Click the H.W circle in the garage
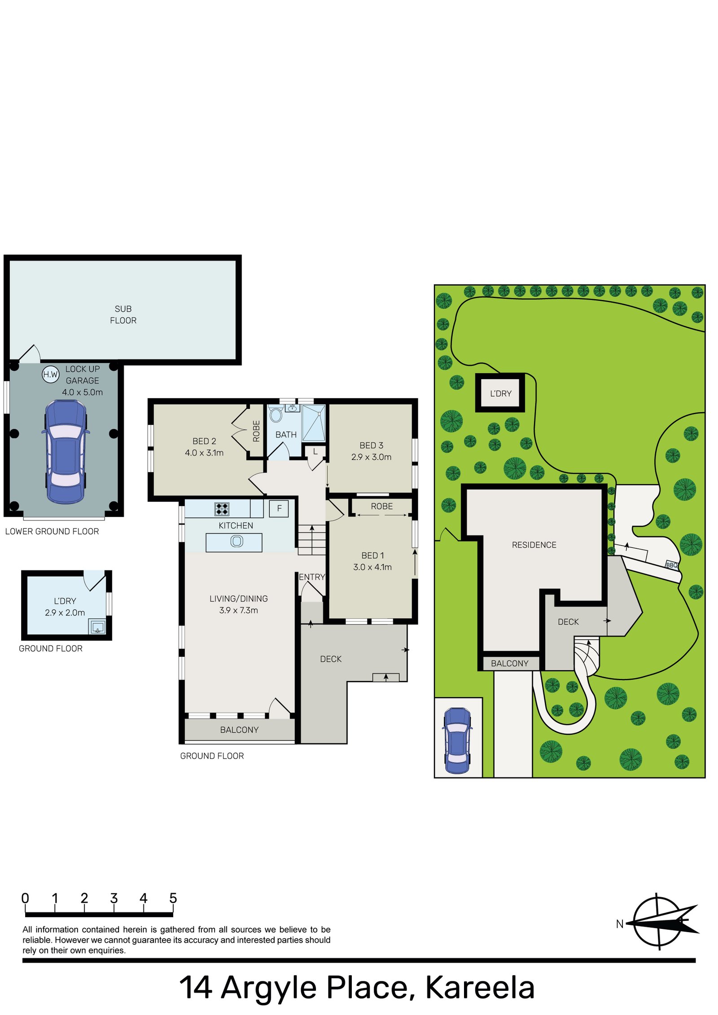[50, 374]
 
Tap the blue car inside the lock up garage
[66, 451]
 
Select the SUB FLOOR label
[123, 314]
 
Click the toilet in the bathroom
[276, 415]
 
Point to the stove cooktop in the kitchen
[222, 508]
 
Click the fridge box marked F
[279, 508]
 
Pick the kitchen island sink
[236, 541]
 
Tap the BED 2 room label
[204, 441]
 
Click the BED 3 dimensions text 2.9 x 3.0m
[371, 457]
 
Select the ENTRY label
[311, 577]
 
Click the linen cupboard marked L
[315, 451]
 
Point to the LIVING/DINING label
[238, 599]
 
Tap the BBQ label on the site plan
[671, 565]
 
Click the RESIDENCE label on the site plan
[534, 545]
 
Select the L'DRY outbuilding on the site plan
[500, 393]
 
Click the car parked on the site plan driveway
[457, 740]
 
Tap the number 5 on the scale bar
[173, 898]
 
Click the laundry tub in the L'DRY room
[97, 627]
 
